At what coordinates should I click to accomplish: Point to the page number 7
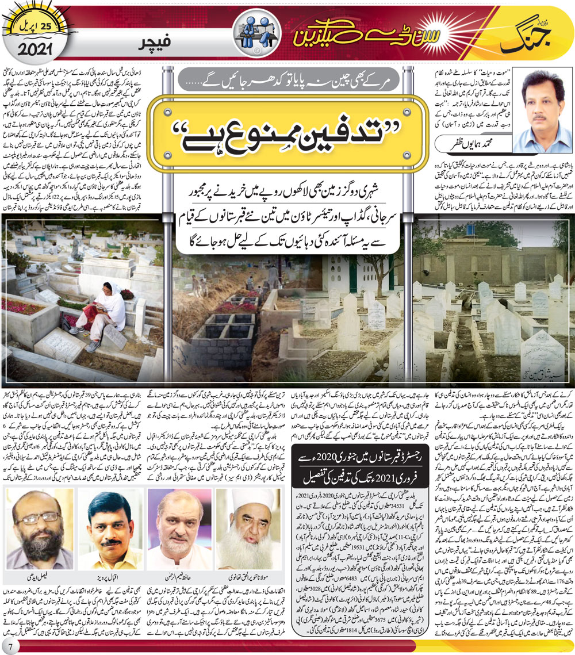coord(10,645)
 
